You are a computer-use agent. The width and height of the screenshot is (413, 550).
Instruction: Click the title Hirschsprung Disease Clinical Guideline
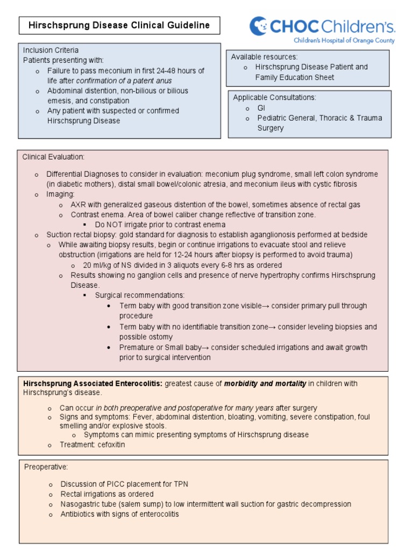[119, 25]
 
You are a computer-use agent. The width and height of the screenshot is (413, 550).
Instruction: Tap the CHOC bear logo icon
[258, 25]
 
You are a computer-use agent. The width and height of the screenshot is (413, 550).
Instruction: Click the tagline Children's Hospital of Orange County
[344, 40]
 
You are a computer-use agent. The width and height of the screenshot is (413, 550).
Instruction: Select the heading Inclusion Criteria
[51, 50]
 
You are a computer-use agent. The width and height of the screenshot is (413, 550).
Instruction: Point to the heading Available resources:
[264, 57]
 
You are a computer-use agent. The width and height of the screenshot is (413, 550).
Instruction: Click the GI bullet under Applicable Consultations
[261, 108]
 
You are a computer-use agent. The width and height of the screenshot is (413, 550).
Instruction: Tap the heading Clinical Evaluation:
[53, 157]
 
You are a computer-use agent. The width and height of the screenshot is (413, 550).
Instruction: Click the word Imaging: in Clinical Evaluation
[61, 194]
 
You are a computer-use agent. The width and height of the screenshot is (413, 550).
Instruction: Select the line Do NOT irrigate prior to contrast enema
[160, 225]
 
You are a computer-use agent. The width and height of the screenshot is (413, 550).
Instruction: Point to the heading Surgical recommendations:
[140, 295]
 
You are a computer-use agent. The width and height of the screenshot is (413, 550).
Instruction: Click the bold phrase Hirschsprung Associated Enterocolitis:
[92, 383]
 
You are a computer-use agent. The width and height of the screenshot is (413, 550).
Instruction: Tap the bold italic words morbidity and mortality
[265, 383]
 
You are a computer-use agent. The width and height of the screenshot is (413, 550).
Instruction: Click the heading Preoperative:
[46, 467]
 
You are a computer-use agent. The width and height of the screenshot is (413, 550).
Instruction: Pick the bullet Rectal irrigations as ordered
[107, 494]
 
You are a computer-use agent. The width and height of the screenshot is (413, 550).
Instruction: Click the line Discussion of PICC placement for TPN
[124, 484]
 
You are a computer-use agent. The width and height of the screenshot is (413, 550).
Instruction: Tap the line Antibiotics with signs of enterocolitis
[119, 514]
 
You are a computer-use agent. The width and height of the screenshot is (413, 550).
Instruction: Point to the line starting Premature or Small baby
[243, 348]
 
